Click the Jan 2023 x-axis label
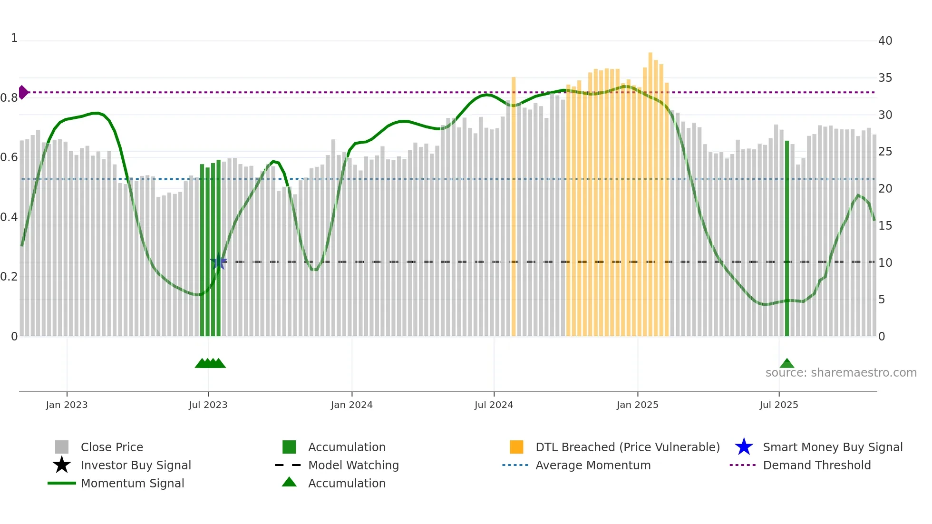click(x=67, y=405)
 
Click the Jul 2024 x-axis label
click(x=494, y=405)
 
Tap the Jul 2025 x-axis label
click(x=778, y=405)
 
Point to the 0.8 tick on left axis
click(x=9, y=98)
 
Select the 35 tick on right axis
click(x=885, y=78)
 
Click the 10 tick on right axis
click(x=885, y=262)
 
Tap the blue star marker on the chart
click(x=219, y=262)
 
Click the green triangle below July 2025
click(x=787, y=364)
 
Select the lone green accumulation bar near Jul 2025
click(x=787, y=238)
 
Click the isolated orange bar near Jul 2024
click(x=514, y=204)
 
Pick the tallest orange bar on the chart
click(x=650, y=190)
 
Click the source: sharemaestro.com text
click(x=841, y=373)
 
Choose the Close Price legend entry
click(x=112, y=447)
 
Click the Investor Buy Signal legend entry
click(x=136, y=465)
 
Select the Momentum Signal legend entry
click(x=132, y=483)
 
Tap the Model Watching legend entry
click(x=353, y=465)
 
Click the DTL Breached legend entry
click(x=627, y=447)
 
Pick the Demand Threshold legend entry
click(x=816, y=465)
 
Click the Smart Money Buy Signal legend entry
click(x=832, y=447)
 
